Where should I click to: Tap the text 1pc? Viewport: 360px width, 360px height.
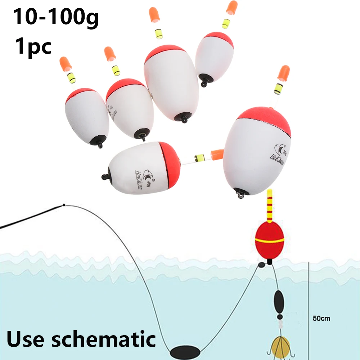(x=33, y=47)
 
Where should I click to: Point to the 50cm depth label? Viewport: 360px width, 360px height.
(x=321, y=319)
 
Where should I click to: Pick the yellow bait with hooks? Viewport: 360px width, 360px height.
(x=280, y=346)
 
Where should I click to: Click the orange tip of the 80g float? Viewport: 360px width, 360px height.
(x=284, y=73)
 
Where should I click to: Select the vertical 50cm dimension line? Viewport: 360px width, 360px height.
(x=309, y=306)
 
